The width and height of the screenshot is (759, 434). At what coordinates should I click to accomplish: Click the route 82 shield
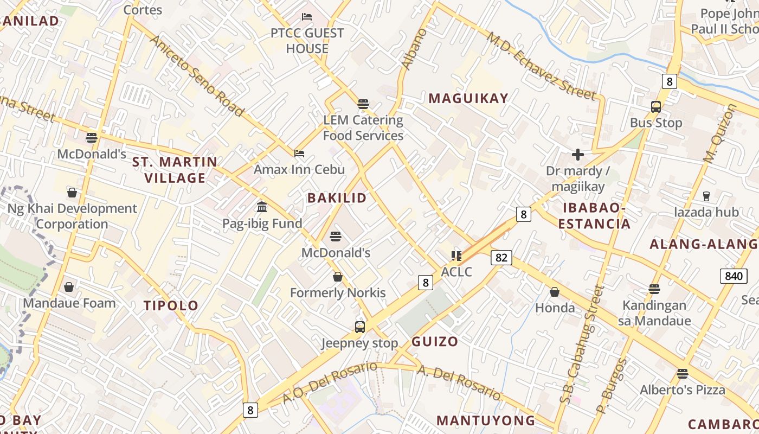pyautogui.click(x=501, y=257)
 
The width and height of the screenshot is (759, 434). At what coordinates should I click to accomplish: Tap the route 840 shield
pyautogui.click(x=734, y=276)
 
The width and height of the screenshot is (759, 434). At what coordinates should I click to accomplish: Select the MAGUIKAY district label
pyautogui.click(x=468, y=98)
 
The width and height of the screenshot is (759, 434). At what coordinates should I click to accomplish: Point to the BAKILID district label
pyautogui.click(x=337, y=198)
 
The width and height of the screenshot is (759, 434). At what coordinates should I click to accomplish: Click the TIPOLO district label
pyautogui.click(x=171, y=305)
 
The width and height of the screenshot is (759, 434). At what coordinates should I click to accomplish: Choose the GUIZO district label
pyautogui.click(x=434, y=342)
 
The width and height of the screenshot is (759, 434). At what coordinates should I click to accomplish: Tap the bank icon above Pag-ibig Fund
pyautogui.click(x=262, y=207)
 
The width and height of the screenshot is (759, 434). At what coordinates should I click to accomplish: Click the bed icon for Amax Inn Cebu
pyautogui.click(x=299, y=154)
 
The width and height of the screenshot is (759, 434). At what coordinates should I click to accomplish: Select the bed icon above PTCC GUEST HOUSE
pyautogui.click(x=307, y=17)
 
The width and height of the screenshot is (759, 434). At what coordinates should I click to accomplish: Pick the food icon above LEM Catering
pyautogui.click(x=363, y=104)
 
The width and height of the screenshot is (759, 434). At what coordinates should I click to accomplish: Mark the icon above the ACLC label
pyautogui.click(x=456, y=256)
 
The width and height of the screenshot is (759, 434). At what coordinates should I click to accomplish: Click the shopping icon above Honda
pyautogui.click(x=555, y=292)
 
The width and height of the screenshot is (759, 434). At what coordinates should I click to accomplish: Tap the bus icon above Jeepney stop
pyautogui.click(x=360, y=327)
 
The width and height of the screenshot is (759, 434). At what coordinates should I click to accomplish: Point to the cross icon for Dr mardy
pyautogui.click(x=577, y=155)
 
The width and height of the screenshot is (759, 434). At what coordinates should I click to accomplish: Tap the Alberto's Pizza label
pyautogui.click(x=682, y=390)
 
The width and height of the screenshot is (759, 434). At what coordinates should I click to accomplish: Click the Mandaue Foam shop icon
pyautogui.click(x=69, y=286)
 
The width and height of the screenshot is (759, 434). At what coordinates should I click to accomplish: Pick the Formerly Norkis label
pyautogui.click(x=338, y=293)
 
